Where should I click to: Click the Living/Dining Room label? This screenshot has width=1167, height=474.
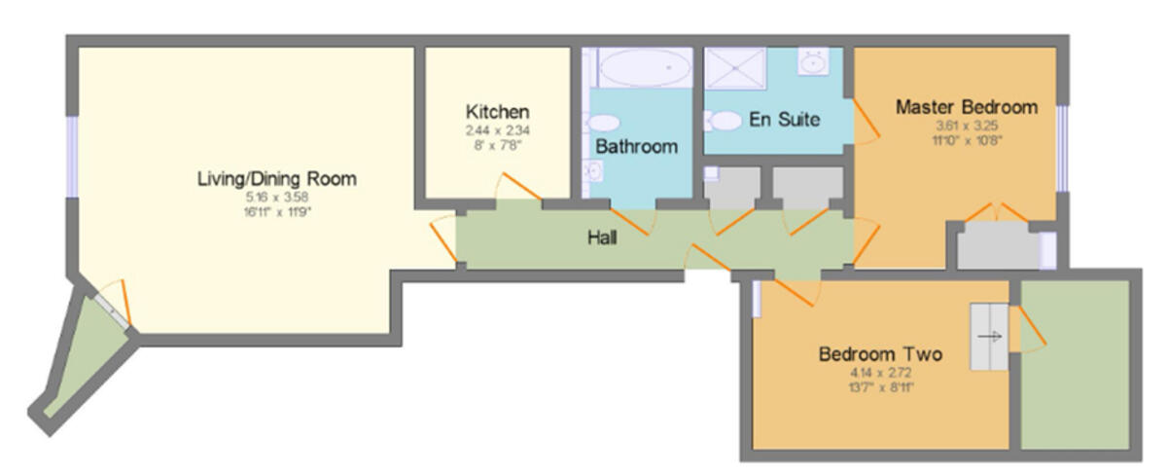click(x=276, y=179)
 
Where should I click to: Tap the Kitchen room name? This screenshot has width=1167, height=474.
click(x=497, y=111)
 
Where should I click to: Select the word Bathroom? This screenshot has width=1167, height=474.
click(x=636, y=147)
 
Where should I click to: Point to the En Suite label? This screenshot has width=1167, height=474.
click(x=784, y=120)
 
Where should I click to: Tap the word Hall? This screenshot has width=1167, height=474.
click(x=602, y=237)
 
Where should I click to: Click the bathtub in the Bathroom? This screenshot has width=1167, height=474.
click(x=645, y=69)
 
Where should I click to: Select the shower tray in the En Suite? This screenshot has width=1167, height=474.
click(x=736, y=68)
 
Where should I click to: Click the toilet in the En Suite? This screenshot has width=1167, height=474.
click(x=723, y=121)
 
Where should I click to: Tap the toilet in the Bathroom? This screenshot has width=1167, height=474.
click(x=605, y=124)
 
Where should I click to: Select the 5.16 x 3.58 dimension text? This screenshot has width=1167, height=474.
click(x=276, y=197)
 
